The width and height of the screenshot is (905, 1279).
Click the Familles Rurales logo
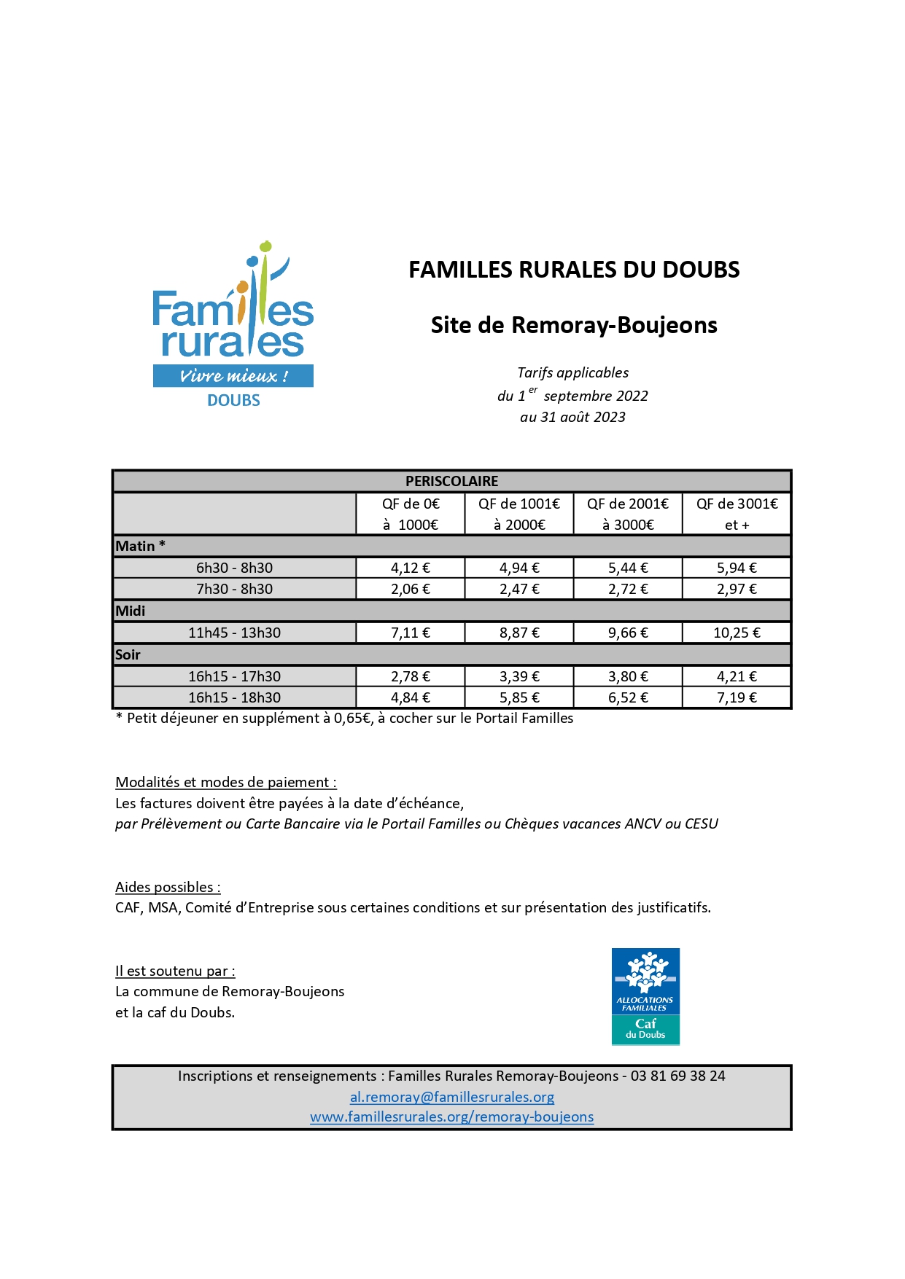click(233, 324)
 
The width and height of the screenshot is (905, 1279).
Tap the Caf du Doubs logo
click(645, 996)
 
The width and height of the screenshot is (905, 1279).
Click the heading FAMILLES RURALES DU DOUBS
click(574, 270)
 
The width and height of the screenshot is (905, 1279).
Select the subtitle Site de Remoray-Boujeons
click(574, 325)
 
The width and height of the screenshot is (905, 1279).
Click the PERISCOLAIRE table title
click(451, 481)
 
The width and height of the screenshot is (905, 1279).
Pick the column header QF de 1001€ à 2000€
click(519, 514)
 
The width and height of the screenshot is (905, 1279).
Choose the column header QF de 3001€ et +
click(737, 514)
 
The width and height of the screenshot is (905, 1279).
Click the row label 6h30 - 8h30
click(234, 568)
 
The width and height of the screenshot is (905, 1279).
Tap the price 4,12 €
click(411, 568)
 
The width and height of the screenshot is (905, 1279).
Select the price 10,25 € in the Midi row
click(737, 633)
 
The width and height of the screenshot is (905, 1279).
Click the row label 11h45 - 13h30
click(234, 633)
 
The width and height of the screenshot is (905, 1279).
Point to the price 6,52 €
click(628, 697)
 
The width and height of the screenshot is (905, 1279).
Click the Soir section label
click(128, 654)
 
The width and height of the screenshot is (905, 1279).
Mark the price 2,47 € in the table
click(519, 589)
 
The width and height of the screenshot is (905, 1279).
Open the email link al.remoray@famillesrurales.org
click(452, 1097)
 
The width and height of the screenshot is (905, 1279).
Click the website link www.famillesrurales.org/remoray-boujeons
click(452, 1116)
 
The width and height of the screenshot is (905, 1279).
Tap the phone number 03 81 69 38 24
click(678, 1076)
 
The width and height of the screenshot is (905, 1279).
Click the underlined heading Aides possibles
click(167, 887)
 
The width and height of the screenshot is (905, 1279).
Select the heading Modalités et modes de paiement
click(225, 782)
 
